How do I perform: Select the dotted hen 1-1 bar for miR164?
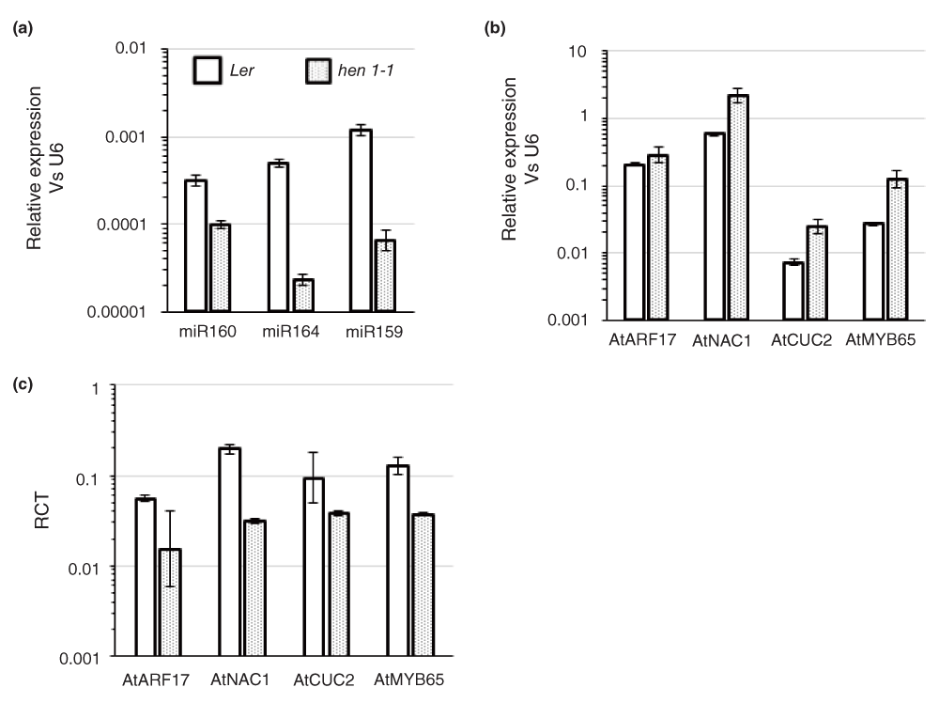(x=302, y=295)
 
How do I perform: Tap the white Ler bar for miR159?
(x=360, y=221)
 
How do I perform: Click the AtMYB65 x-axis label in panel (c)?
(x=408, y=677)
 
